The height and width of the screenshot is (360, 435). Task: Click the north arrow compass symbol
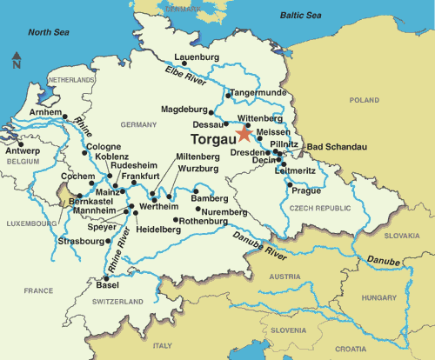pos(17,60)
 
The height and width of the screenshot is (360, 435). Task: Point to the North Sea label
pos(49,32)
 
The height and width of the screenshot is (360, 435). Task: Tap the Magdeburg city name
pos(184,110)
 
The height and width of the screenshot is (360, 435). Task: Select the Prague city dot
pos(293,182)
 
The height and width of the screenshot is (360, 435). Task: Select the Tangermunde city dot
pos(228,94)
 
